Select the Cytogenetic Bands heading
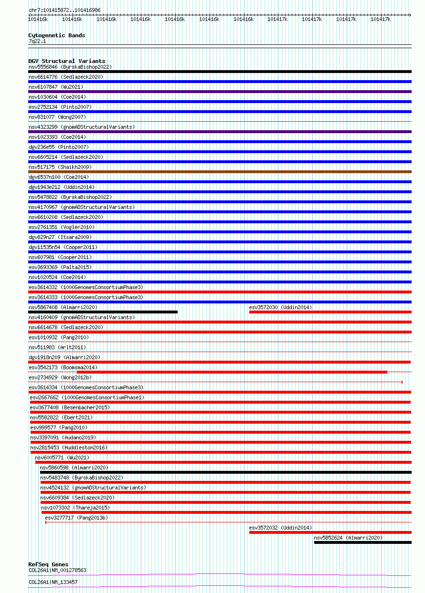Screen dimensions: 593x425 pyautogui.click(x=56, y=35)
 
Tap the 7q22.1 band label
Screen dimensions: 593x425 pyautogui.click(x=37, y=42)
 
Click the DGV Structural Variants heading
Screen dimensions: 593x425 pyautogui.click(x=66, y=61)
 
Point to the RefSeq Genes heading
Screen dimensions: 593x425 pyautogui.click(x=48, y=564)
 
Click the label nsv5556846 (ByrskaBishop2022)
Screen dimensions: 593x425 pyautogui.click(x=70, y=67)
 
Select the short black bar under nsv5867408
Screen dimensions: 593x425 pyautogui.click(x=103, y=312)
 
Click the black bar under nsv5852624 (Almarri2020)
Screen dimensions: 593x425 pyautogui.click(x=362, y=542)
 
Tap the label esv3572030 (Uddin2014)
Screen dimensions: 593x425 pyautogui.click(x=280, y=307)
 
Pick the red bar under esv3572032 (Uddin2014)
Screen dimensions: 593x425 pyautogui.click(x=330, y=532)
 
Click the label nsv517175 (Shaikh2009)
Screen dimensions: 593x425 pyautogui.click(x=60, y=167)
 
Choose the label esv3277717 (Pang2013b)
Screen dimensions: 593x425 pyautogui.click(x=76, y=518)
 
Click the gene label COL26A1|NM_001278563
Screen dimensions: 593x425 pyautogui.click(x=57, y=570)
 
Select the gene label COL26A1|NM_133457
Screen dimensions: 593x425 pyautogui.click(x=53, y=582)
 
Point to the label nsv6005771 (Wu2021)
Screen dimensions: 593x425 pyautogui.click(x=62, y=458)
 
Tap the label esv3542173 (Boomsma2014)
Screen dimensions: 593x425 pyautogui.click(x=63, y=367)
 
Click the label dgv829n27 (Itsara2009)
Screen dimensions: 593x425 pyautogui.click(x=60, y=237)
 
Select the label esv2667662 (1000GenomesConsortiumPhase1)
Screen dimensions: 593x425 pyautogui.click(x=87, y=397)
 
